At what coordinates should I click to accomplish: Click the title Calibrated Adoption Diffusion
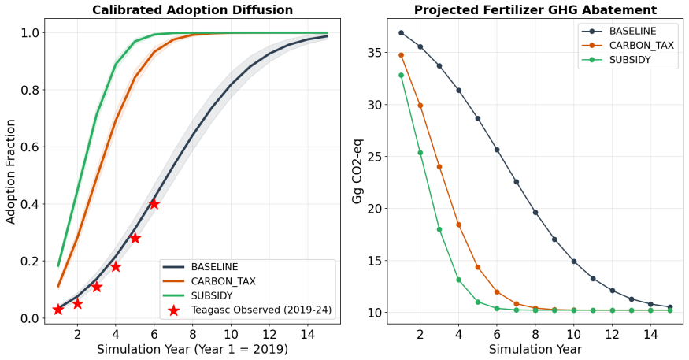[x=192, y=9]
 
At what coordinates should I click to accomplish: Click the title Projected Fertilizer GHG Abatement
[x=535, y=9]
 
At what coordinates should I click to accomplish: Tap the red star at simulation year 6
[x=154, y=203]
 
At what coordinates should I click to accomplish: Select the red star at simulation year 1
[x=58, y=310]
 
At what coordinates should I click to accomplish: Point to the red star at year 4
[x=116, y=266]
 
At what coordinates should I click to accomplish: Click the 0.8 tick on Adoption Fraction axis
[x=30, y=90]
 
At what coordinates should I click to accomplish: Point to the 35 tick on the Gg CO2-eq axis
[x=373, y=53]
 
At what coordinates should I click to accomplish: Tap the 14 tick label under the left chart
[x=308, y=335]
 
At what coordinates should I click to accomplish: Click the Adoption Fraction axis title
[x=10, y=172]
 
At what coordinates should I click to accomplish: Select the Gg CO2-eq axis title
[x=357, y=172]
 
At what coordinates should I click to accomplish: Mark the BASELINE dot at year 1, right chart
[x=401, y=32]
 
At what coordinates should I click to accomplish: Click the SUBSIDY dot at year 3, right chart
[x=439, y=229]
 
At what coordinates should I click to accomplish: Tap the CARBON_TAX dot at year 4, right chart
[x=459, y=225]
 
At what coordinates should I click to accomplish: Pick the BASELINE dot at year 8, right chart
[x=535, y=213]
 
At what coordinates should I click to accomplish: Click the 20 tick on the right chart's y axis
[x=373, y=209]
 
